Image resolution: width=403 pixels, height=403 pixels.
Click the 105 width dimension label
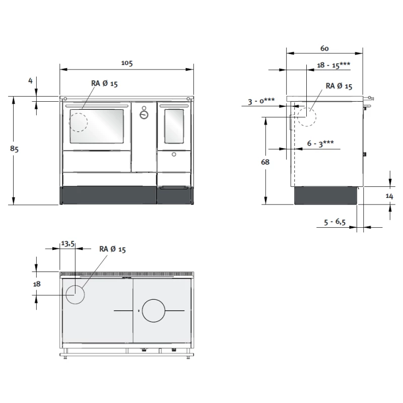(x=127, y=63)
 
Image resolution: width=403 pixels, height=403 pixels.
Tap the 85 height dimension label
(x=15, y=149)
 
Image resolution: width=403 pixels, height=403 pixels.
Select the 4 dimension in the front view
(x=31, y=81)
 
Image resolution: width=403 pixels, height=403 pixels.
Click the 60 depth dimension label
(x=324, y=48)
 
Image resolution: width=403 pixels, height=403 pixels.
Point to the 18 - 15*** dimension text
(x=333, y=65)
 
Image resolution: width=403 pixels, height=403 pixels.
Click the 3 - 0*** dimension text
(x=261, y=101)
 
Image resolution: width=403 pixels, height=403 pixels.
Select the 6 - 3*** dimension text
(x=320, y=144)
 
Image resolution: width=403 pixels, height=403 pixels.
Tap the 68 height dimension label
(x=265, y=162)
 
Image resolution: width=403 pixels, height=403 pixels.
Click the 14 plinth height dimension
(x=389, y=196)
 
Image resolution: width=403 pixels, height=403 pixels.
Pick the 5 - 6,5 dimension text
(x=334, y=222)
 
